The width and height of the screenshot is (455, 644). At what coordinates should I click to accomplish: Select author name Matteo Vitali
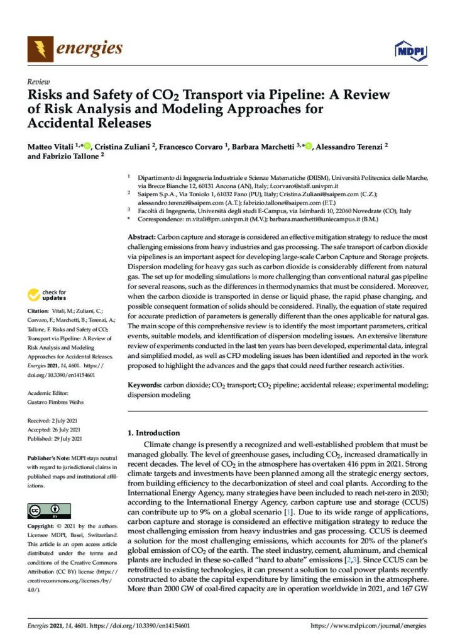pos(50,146)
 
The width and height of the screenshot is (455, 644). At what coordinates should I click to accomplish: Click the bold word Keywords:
pos(144,383)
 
